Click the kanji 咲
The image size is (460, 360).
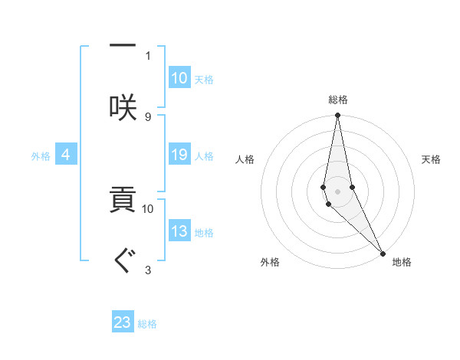pyautogui.click(x=123, y=106)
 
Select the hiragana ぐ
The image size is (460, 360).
pyautogui.click(x=123, y=260)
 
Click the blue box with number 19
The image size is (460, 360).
pyautogui.click(x=179, y=155)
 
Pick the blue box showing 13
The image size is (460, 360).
pyautogui.click(x=179, y=232)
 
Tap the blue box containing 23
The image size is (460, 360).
pyautogui.click(x=123, y=322)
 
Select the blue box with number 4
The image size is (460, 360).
pyautogui.click(x=66, y=155)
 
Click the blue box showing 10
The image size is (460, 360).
pyautogui.click(x=179, y=78)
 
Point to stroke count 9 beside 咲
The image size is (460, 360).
pyautogui.click(x=148, y=116)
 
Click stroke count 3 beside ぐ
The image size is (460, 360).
pyautogui.click(x=148, y=270)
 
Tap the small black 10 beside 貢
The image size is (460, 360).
pyautogui.click(x=148, y=208)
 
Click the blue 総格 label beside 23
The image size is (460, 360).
pyautogui.click(x=147, y=324)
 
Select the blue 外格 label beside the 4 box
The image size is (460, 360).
pyautogui.click(x=41, y=156)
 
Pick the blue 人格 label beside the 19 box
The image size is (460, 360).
pyautogui.click(x=204, y=156)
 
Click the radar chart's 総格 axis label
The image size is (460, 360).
pyautogui.click(x=337, y=100)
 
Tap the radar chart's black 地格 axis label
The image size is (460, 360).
pyautogui.click(x=402, y=262)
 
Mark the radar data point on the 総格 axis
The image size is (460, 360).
pyautogui.click(x=337, y=116)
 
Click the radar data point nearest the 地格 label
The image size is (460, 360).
pyautogui.click(x=383, y=252)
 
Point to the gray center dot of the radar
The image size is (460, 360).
pyautogui.click(x=337, y=191)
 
